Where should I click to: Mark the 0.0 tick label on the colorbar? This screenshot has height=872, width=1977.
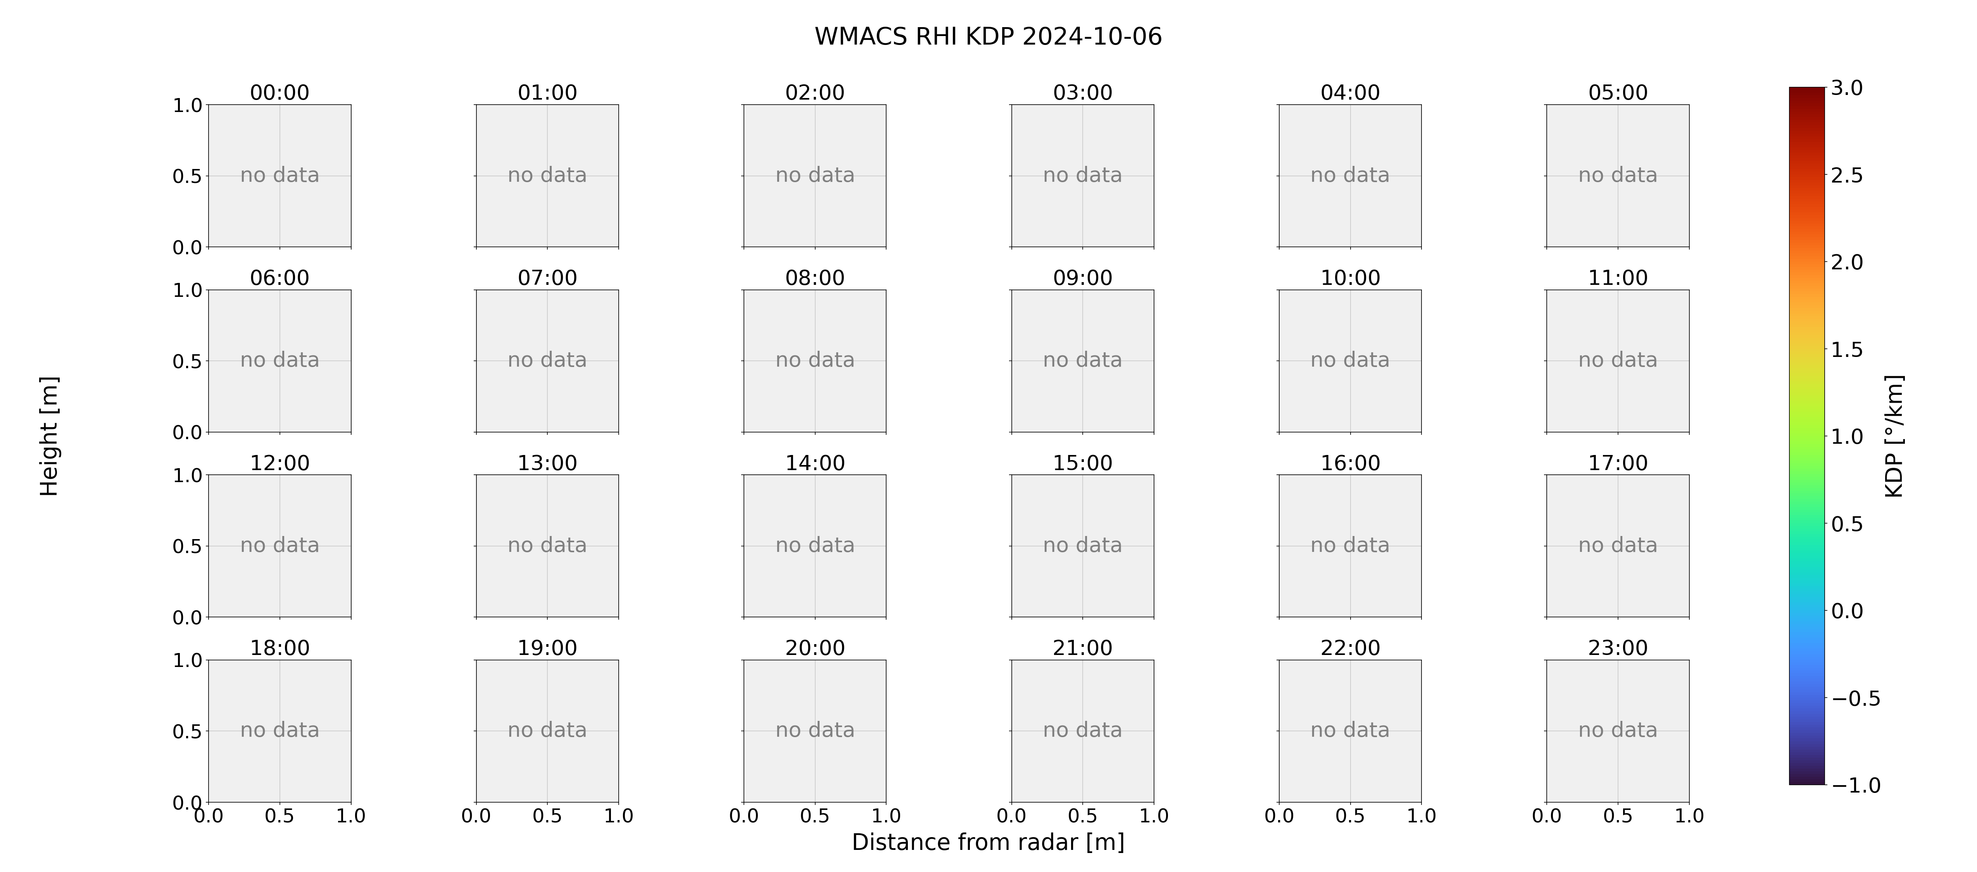[x=1846, y=611]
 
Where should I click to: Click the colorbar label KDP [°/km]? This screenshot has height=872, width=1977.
[x=1894, y=436]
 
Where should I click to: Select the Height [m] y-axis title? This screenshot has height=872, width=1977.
[x=49, y=436]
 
